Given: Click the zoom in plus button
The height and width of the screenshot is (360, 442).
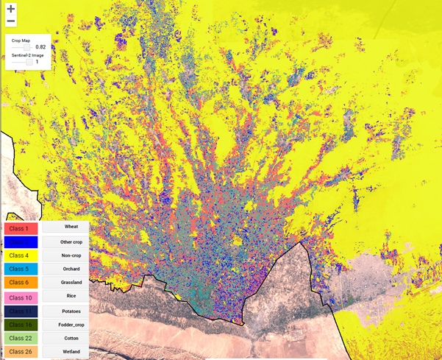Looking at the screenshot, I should [10, 9].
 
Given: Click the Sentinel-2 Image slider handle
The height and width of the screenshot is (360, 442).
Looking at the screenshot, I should [30, 62].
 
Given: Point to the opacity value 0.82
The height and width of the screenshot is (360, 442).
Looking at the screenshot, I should [40, 47].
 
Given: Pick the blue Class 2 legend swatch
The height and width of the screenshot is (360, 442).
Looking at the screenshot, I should [22, 241].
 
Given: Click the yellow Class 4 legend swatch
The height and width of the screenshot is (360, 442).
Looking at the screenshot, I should [22, 255].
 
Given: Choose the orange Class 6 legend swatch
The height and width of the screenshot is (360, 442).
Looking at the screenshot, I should [22, 282].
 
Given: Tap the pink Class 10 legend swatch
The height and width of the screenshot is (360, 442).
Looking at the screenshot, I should [22, 296].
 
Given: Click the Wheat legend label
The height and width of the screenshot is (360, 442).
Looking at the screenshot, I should [71, 227].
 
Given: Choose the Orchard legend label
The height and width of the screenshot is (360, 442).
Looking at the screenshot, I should [71, 268].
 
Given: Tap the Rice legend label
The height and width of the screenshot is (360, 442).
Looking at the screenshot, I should [71, 296].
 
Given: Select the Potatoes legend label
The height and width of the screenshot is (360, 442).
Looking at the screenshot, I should [71, 309].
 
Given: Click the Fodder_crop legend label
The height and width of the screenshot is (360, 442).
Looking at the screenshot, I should [71, 323].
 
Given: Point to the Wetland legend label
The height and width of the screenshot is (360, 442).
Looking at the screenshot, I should [71, 350].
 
